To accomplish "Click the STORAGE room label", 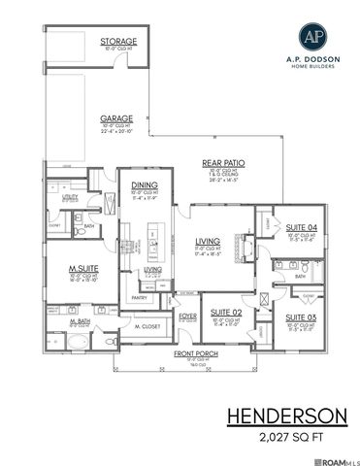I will coord(118,42).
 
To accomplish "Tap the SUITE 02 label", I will coord(225,311).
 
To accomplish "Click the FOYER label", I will coord(188,314).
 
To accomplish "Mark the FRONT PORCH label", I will coord(196,355).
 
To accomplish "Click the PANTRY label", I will coord(139,298).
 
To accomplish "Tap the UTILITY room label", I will coord(71,196).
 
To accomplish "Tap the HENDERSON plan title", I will coord(286,415).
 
